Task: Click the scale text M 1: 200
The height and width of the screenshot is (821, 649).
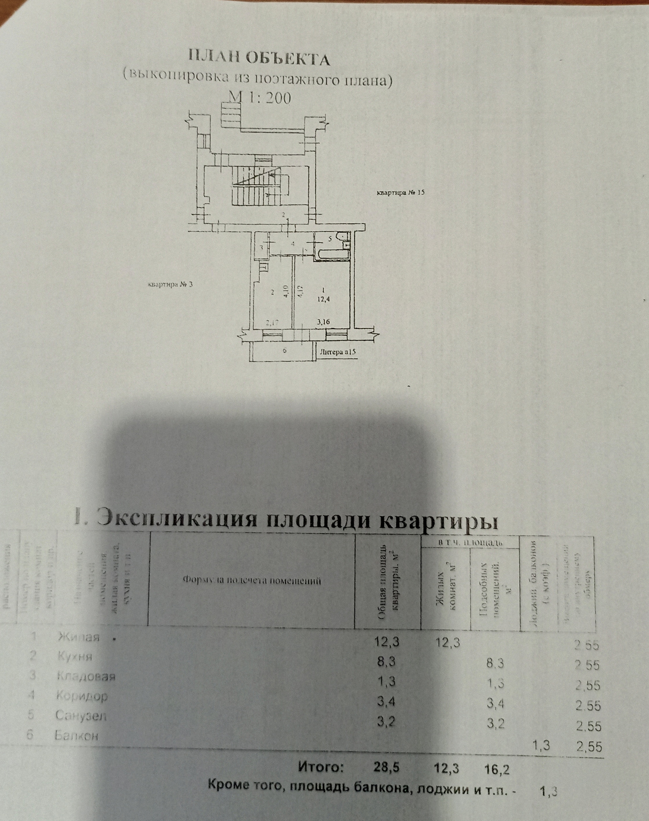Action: [x=259, y=98]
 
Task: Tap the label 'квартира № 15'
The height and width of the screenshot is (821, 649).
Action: [x=400, y=192]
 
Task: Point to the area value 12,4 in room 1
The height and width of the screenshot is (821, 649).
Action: [x=324, y=299]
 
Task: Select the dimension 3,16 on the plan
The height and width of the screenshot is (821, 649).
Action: [x=323, y=322]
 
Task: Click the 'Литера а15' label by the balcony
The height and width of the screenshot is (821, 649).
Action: [x=338, y=352]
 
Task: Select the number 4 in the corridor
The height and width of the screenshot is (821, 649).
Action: [x=293, y=244]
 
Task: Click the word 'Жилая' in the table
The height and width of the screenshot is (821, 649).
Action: [x=78, y=637]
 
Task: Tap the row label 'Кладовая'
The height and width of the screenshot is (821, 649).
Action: [x=86, y=677]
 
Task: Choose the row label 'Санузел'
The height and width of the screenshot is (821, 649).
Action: [x=81, y=716]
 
